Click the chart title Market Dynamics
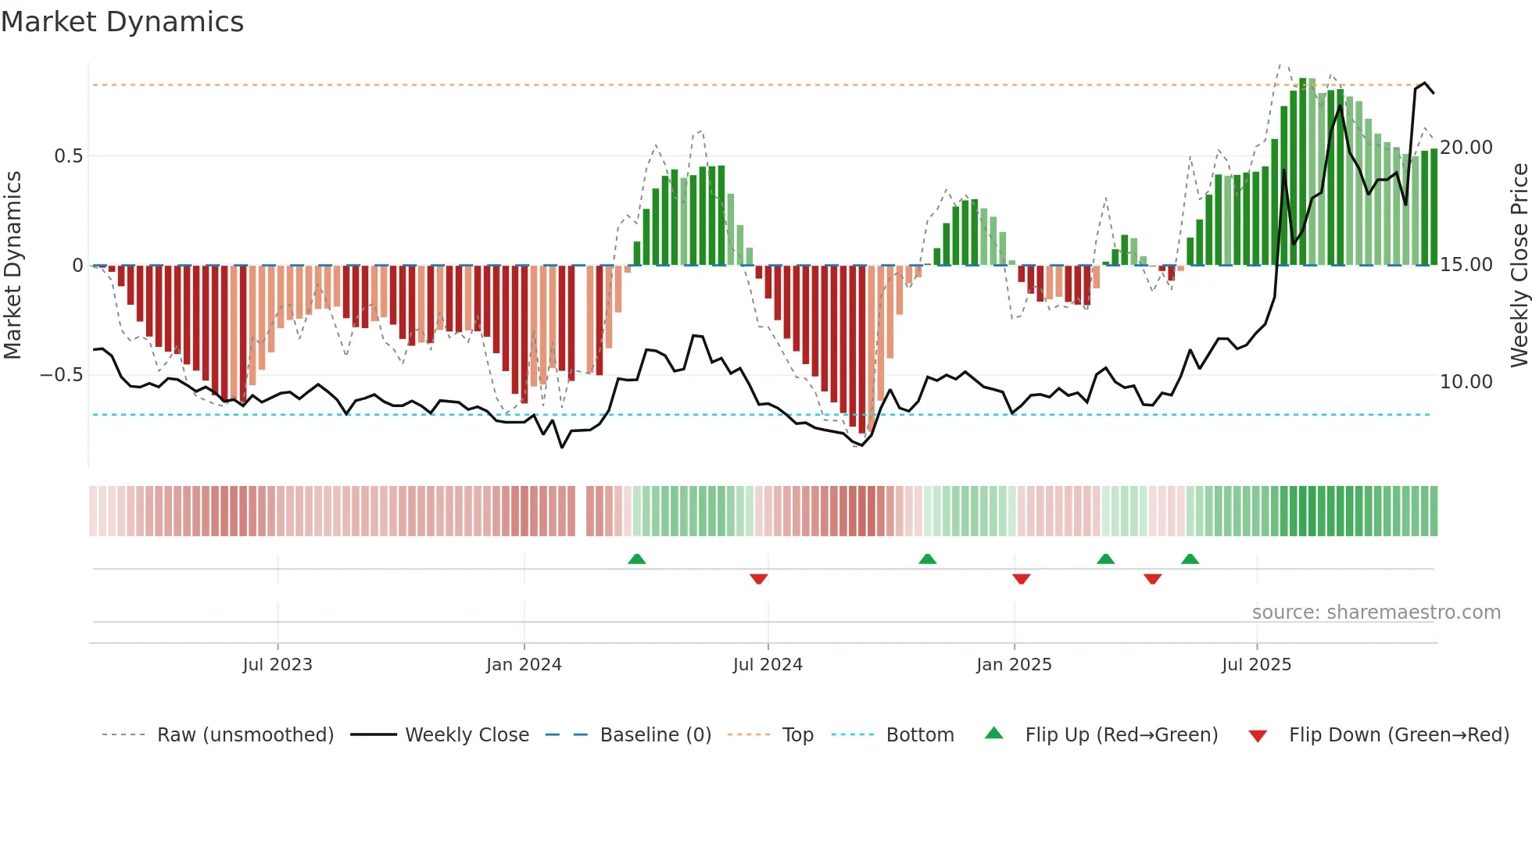(122, 22)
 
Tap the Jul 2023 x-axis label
(277, 665)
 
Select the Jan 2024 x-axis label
(524, 665)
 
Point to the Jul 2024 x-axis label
(768, 665)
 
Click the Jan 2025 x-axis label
(1014, 665)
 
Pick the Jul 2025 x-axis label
(1257, 665)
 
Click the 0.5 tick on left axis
(69, 156)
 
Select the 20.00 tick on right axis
(1466, 148)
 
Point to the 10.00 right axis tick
(1466, 382)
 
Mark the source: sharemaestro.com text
(1376, 613)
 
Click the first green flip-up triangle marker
(637, 559)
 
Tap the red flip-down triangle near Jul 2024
(758, 579)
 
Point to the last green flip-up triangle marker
(1190, 559)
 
